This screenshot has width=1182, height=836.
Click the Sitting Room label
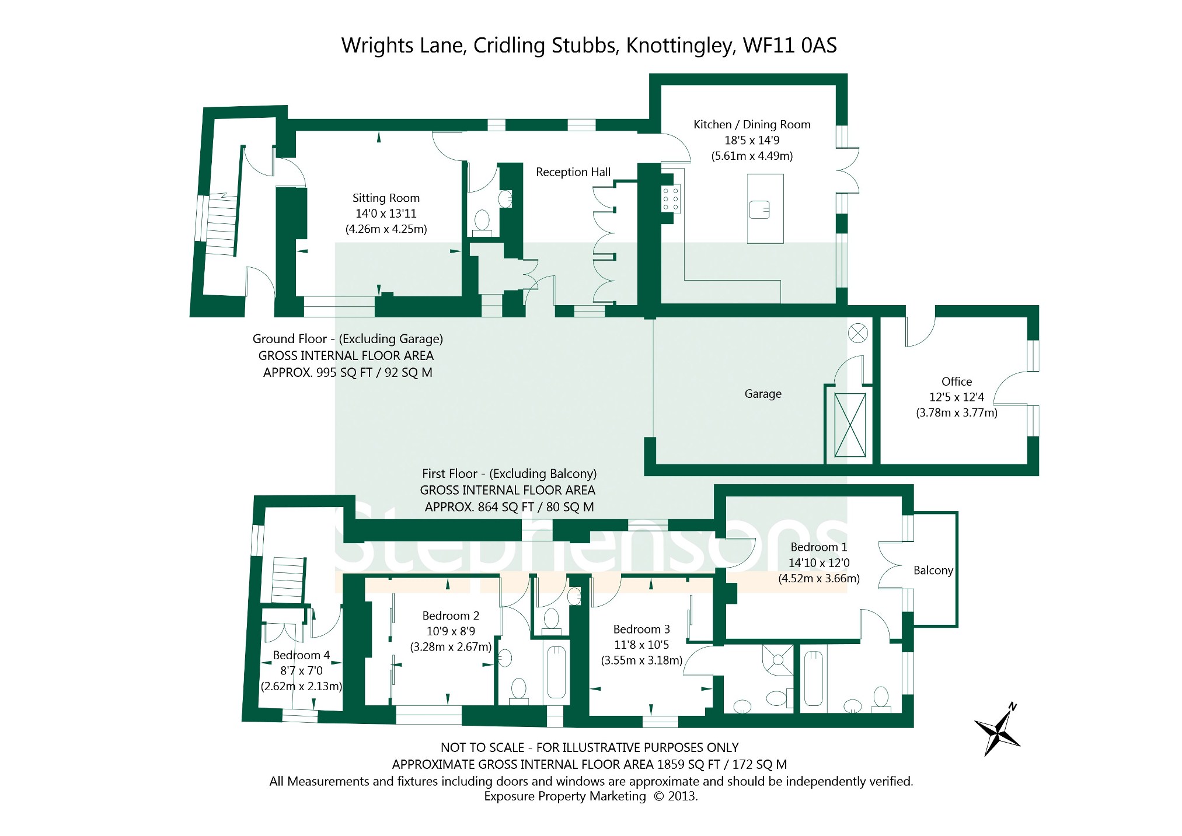coord(386,198)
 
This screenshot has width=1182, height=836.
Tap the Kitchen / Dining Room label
coord(752,124)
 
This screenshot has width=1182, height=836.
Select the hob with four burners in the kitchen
coord(670,199)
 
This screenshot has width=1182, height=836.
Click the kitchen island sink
coord(759,209)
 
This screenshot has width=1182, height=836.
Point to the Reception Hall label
coord(573,172)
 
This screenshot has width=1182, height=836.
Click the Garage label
coord(763,394)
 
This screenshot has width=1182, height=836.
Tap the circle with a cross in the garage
coord(857,334)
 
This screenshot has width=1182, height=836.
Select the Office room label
coord(957,382)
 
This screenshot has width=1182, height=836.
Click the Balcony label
coord(933,571)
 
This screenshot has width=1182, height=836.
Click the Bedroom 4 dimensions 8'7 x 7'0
coord(301,671)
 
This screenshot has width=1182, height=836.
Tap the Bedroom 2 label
coord(451,616)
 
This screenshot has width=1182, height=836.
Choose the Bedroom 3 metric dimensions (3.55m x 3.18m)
coord(641,660)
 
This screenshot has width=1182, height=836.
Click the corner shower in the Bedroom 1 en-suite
coord(777,660)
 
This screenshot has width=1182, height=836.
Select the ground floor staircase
coord(221,224)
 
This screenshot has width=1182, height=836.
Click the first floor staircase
coord(288,579)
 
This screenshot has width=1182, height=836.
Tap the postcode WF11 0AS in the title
coord(790,46)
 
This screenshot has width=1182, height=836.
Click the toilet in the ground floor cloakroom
coord(482,222)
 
